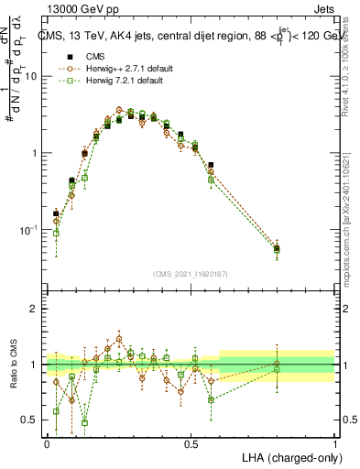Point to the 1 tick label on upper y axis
click(x=34, y=153)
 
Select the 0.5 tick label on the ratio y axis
click(x=30, y=420)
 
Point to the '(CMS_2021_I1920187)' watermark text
click(x=191, y=273)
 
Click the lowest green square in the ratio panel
click(x=84, y=423)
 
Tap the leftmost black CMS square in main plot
click(x=56, y=213)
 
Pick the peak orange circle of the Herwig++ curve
click(x=119, y=110)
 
